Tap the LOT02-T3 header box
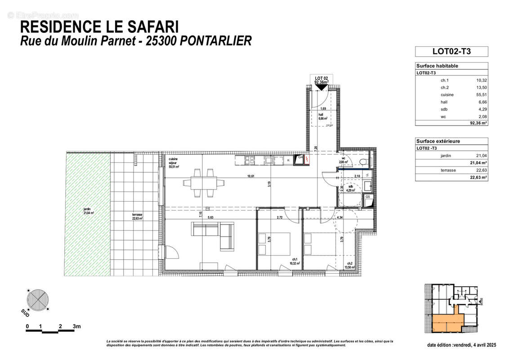[451, 51]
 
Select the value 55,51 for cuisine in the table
[482, 95]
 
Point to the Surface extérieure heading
[438, 141]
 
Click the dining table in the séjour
[203, 183]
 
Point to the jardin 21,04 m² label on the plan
[88, 211]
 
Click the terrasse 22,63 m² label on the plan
[137, 217]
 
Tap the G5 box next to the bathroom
[367, 197]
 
